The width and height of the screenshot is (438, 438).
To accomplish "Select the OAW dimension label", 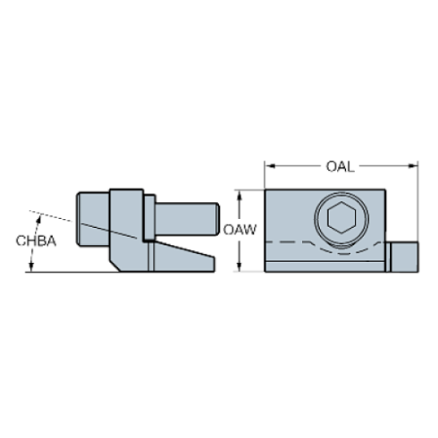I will [240, 230].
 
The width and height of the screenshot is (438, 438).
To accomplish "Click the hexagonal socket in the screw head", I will [338, 218].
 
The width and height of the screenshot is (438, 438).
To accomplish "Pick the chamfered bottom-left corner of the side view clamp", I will [114, 265].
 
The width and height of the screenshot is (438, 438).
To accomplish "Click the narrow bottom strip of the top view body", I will [326, 265].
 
